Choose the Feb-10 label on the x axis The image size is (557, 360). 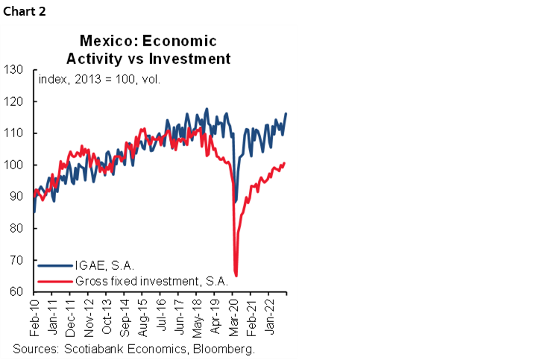34,319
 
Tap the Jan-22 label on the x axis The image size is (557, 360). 271,319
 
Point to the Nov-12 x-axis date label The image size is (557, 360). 89,319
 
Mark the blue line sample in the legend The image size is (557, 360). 55,265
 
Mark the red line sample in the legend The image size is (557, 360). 55,281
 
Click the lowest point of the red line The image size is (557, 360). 236,276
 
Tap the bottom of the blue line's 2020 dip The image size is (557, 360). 236,201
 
